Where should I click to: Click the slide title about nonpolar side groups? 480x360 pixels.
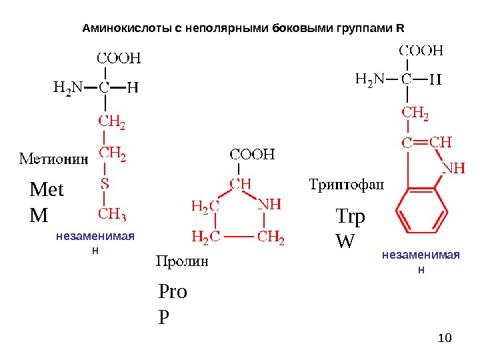pos(243,29)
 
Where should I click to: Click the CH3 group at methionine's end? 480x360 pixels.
pos(113,214)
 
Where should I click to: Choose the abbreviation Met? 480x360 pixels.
pos(47,191)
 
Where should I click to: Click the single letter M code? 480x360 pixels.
pos(39,215)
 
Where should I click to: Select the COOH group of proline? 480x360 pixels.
pos(253,155)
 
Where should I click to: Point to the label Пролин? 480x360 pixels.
pos(182,261)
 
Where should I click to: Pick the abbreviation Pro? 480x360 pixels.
pos(173,293)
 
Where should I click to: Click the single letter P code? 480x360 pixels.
pos(163,317)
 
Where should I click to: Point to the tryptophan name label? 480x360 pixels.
pos(347,184)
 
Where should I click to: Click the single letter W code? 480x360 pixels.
pos(345,241)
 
